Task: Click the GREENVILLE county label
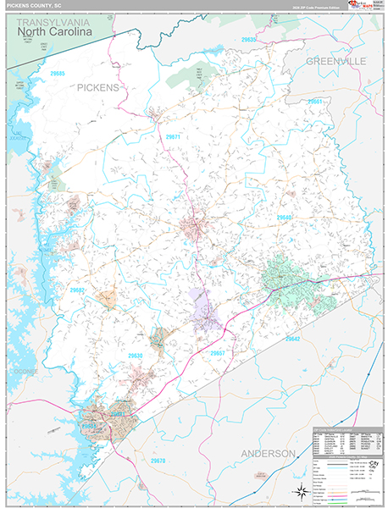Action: pos(335,62)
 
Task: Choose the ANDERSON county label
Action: pos(269,454)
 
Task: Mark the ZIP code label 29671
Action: pos(173,136)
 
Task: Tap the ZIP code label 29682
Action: pos(78,290)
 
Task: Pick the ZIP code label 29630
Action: pos(135,356)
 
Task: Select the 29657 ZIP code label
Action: pos(218,352)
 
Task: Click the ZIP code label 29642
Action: pos(293,339)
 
